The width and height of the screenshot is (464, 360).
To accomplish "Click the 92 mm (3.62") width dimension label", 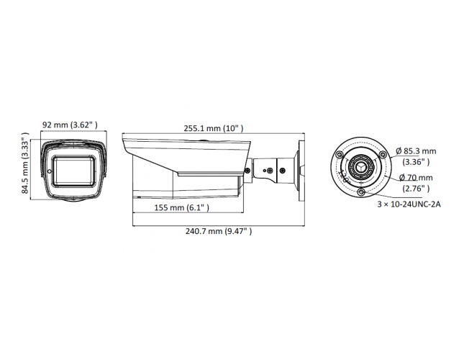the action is [70, 125].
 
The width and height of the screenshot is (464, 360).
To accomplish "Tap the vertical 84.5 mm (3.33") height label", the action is [25, 163].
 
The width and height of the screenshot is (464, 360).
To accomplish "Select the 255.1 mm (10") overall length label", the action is [214, 128].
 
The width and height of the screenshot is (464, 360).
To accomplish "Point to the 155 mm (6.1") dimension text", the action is [182, 207].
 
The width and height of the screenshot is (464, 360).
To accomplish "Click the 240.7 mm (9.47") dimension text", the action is [219, 231].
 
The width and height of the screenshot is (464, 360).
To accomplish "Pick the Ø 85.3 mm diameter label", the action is [416, 151].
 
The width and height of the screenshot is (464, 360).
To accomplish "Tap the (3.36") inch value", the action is [416, 162].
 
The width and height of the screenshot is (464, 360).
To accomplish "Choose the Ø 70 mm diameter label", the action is [416, 178].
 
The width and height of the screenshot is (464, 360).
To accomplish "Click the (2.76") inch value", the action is [416, 189].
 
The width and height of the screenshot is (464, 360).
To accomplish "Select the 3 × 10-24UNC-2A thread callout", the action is [409, 204].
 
